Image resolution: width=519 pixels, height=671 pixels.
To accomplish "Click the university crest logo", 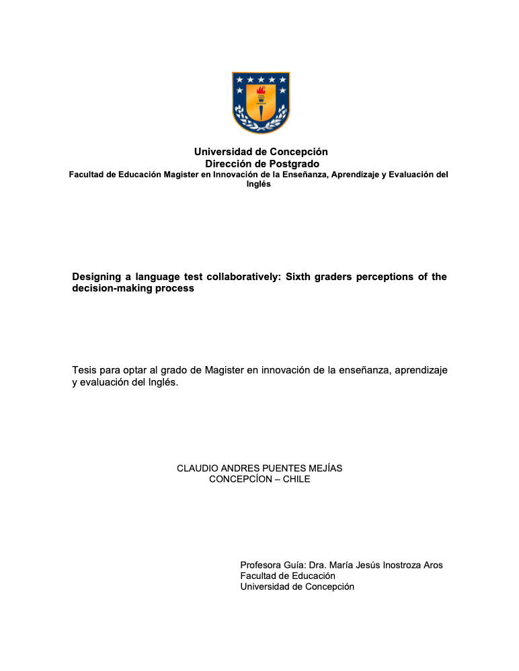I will click(x=261, y=103).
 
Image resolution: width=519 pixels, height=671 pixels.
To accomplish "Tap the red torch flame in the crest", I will click(x=261, y=90).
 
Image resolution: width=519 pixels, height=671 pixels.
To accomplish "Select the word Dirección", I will click(x=229, y=163).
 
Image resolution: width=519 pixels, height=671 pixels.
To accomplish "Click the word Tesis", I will click(x=84, y=370).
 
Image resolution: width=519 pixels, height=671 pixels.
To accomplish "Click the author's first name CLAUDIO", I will click(x=198, y=468).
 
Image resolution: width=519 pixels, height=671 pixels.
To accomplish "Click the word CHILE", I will click(x=296, y=480).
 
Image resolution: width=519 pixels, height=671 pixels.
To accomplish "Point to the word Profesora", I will click(x=262, y=565).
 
